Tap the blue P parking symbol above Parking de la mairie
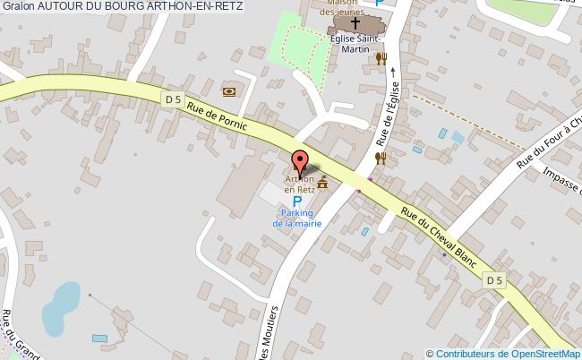(297, 201)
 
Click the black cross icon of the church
(355, 23)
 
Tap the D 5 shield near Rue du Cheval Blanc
(494, 280)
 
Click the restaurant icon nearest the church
(381, 59)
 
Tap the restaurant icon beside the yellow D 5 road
(381, 158)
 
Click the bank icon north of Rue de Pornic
(229, 90)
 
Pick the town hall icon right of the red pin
(321, 184)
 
